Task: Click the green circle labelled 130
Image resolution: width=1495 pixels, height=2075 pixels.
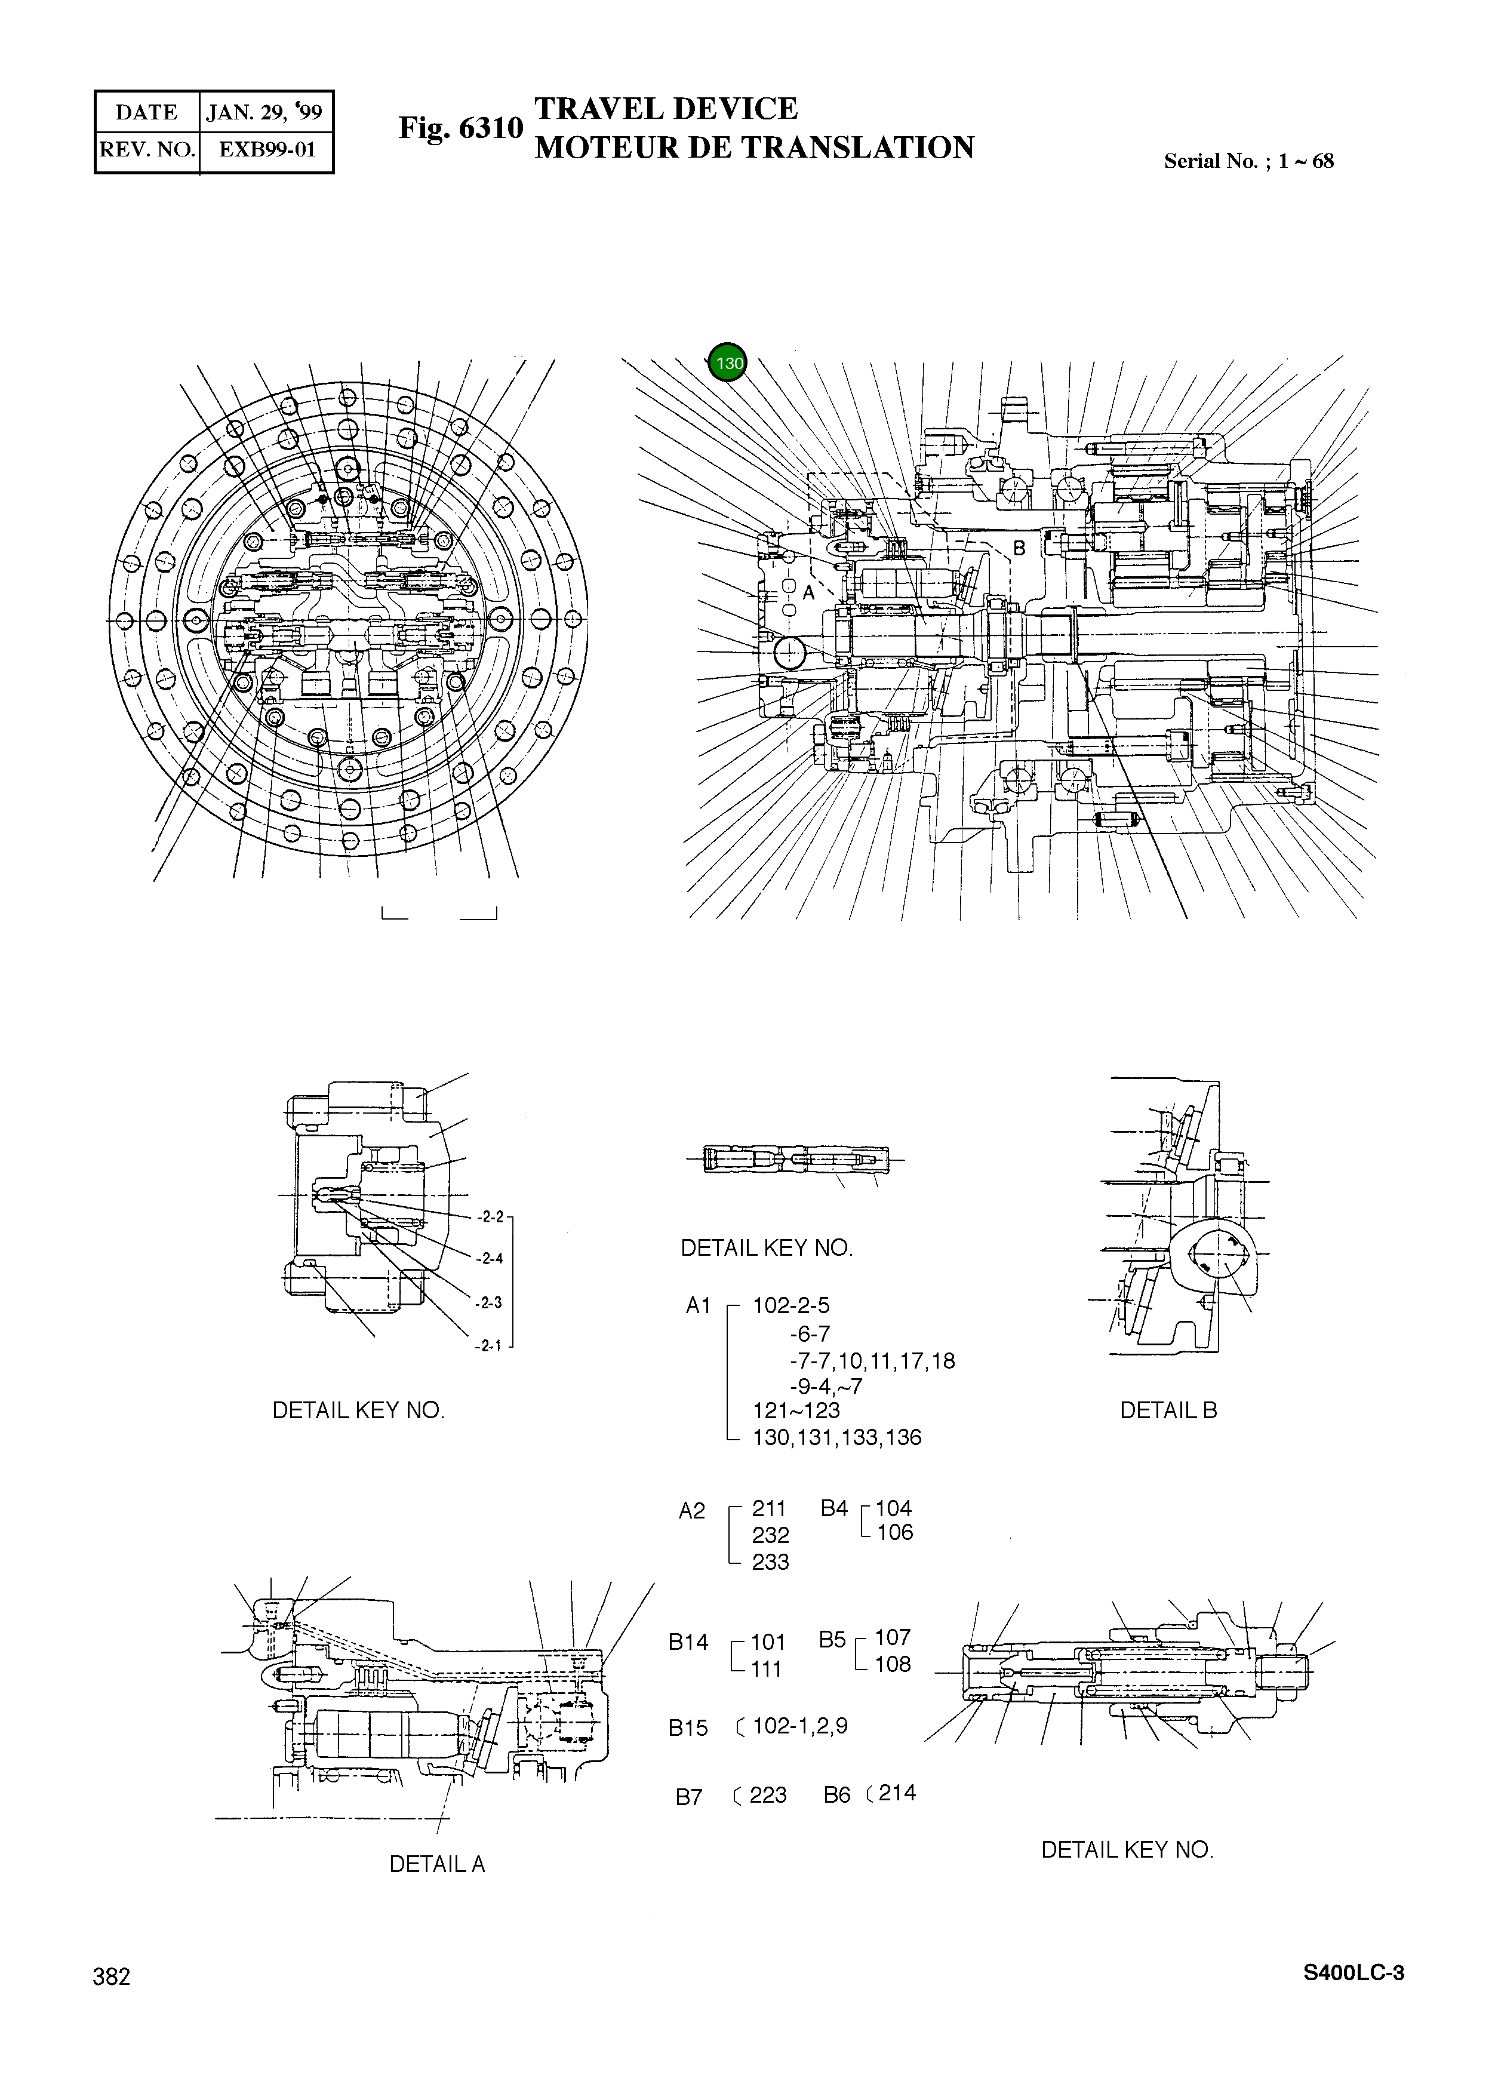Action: click(728, 363)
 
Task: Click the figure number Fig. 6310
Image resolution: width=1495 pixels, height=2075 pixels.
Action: click(460, 128)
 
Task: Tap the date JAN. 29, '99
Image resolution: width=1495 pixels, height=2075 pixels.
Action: click(264, 112)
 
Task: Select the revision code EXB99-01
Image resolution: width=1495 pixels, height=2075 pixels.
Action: click(266, 149)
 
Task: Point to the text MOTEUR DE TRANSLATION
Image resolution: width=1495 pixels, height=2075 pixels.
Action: click(754, 147)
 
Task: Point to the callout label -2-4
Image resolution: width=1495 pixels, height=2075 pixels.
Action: click(490, 1258)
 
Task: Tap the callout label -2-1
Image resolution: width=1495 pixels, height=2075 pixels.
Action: click(488, 1346)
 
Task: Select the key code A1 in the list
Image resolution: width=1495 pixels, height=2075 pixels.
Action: click(698, 1305)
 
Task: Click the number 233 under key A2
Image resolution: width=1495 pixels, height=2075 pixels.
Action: click(770, 1561)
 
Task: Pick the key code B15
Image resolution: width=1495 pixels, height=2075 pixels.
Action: click(688, 1728)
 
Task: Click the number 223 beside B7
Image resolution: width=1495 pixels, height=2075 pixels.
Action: click(768, 1795)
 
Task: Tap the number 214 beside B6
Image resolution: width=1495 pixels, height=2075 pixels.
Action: click(897, 1793)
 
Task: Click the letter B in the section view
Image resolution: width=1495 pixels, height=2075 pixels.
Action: click(1019, 549)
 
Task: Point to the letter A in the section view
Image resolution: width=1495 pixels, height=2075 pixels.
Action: click(808, 593)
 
